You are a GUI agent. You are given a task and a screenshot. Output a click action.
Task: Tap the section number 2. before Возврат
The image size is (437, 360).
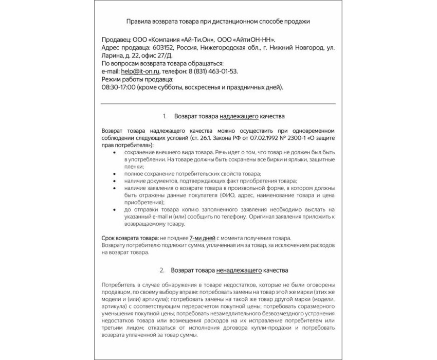(x=162, y=270)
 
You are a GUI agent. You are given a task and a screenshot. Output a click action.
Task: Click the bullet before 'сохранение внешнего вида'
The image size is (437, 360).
(x=113, y=153)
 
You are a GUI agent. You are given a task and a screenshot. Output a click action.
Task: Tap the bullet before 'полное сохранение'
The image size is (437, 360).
(x=113, y=174)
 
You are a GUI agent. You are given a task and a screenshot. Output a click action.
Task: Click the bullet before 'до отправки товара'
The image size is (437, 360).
(x=113, y=210)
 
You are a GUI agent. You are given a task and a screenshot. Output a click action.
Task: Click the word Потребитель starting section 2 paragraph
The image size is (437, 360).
(x=120, y=285)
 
